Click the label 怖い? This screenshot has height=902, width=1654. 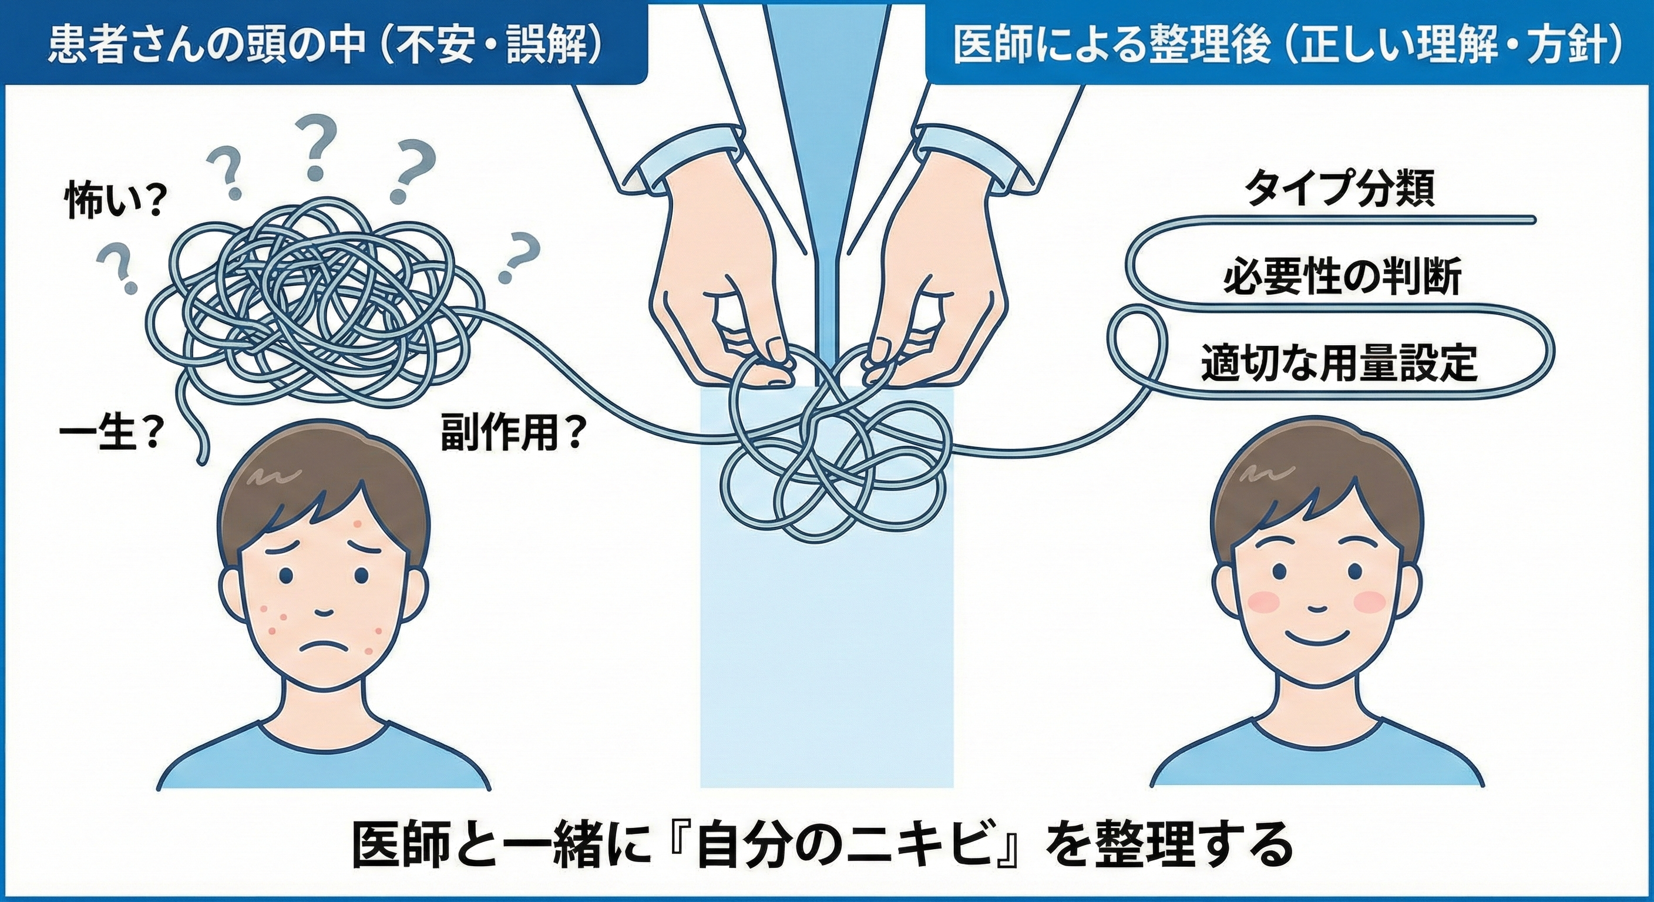(x=112, y=204)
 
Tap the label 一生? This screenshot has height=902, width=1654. (x=109, y=439)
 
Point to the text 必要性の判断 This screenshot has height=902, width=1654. (x=1342, y=277)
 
